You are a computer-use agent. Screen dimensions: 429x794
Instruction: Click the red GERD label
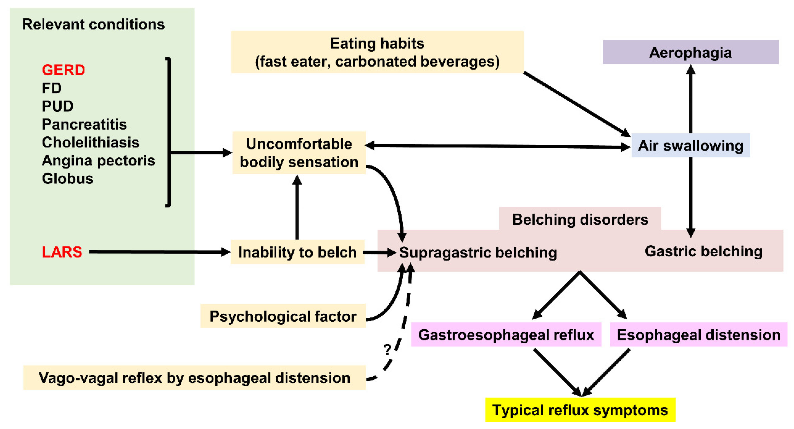tap(63, 70)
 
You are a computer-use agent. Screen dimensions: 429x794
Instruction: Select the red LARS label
tap(62, 252)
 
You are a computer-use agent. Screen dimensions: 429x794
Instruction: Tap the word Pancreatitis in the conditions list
tap(84, 124)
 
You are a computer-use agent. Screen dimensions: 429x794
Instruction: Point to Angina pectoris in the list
tap(98, 160)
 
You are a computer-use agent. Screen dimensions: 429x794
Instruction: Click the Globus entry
tap(67, 178)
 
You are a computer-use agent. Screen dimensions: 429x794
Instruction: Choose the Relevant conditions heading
tap(93, 24)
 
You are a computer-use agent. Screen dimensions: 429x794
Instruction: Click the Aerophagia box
tap(690, 52)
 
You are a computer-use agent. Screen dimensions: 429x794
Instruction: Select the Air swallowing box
tap(690, 146)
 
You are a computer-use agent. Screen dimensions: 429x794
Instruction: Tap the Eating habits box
tap(377, 52)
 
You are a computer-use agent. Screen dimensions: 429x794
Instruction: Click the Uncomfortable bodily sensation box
tap(299, 153)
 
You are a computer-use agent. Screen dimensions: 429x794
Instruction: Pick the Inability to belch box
tap(297, 252)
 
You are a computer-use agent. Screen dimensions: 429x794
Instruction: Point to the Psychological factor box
tap(283, 316)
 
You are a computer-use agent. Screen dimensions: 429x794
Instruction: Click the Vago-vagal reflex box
tap(194, 378)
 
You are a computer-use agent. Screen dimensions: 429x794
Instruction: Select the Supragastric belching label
tap(478, 252)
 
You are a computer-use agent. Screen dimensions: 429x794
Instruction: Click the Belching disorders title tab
tap(580, 219)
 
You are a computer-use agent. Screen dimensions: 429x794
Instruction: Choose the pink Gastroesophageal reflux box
tap(506, 335)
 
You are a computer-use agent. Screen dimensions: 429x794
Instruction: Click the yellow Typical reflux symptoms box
tap(580, 410)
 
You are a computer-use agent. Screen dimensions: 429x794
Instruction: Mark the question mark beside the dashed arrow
tap(387, 349)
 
